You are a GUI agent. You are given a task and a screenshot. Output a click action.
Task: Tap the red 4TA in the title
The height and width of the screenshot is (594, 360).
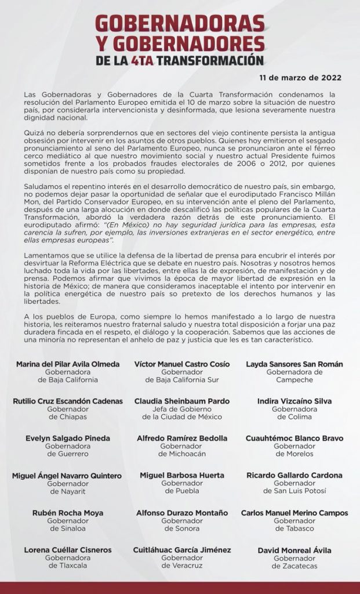(x=147, y=60)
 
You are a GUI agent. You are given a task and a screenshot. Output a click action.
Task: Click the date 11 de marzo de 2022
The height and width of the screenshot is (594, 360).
(x=300, y=77)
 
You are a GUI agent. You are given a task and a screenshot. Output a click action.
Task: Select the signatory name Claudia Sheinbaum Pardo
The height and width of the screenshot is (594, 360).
(x=182, y=401)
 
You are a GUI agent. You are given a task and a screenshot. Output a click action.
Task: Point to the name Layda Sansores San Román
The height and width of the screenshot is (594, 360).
(x=294, y=364)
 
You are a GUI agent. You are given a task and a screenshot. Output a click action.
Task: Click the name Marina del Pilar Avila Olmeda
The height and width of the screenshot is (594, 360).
(x=68, y=364)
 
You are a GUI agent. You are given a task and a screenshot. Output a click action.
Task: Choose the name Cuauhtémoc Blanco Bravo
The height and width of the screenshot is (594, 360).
(x=294, y=439)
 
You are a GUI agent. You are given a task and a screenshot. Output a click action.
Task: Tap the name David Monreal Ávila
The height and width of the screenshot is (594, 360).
(x=294, y=550)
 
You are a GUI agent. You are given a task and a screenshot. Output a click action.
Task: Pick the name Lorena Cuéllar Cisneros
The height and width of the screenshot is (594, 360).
(x=68, y=550)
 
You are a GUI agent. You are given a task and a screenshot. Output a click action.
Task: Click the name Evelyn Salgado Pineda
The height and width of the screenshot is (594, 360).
(x=68, y=439)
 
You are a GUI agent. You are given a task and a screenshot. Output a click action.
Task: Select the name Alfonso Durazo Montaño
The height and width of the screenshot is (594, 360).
(x=182, y=513)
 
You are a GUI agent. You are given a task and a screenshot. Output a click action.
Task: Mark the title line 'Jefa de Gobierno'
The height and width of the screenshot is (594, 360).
(x=182, y=409)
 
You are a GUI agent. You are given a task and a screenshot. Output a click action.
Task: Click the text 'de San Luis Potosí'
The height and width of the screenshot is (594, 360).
(x=294, y=491)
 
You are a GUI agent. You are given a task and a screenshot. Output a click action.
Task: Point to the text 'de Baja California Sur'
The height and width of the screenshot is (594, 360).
(x=182, y=380)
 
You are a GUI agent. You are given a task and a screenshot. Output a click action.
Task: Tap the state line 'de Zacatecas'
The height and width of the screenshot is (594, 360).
(x=294, y=566)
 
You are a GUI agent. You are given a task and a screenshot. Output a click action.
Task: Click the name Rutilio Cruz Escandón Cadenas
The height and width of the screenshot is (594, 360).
(x=68, y=401)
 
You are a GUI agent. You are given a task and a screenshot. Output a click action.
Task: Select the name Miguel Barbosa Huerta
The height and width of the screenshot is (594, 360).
(x=182, y=475)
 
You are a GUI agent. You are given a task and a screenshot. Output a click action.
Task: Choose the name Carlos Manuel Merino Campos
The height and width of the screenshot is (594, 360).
(x=294, y=513)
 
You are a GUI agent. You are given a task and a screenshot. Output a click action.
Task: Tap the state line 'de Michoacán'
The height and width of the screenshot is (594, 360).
(x=182, y=454)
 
